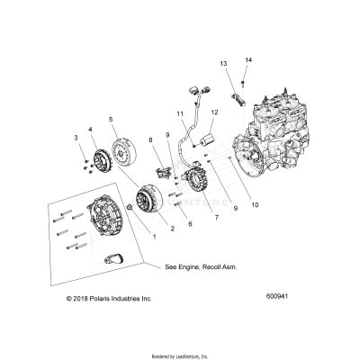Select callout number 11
tap(178, 114)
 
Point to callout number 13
tap(223, 65)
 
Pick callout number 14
tap(248, 59)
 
